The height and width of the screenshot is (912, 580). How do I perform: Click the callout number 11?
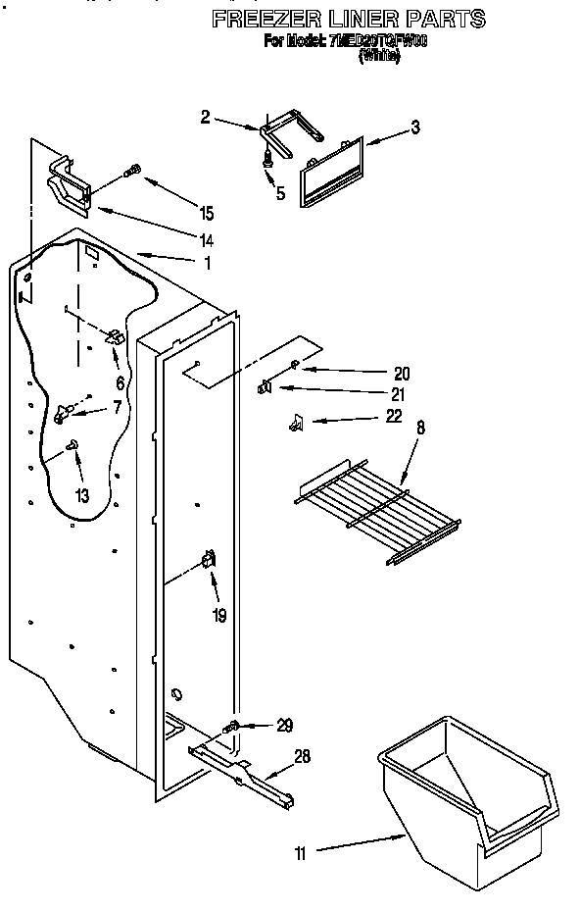pyautogui.click(x=301, y=853)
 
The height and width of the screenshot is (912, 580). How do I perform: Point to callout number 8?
pyautogui.click(x=421, y=428)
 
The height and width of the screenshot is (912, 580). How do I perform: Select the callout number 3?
pyautogui.click(x=415, y=127)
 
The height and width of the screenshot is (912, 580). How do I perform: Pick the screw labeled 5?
pyautogui.click(x=266, y=158)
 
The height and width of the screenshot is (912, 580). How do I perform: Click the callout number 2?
pyautogui.click(x=205, y=118)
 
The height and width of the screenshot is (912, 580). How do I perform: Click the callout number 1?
pyautogui.click(x=207, y=263)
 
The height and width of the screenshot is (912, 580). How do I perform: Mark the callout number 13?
pyautogui.click(x=82, y=496)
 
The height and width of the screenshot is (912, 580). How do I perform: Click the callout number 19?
pyautogui.click(x=218, y=616)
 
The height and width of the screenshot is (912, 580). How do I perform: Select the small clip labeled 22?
pyautogui.click(x=294, y=423)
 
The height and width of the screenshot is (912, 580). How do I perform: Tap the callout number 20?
pyautogui.click(x=401, y=373)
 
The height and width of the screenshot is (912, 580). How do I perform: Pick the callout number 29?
pyautogui.click(x=284, y=726)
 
